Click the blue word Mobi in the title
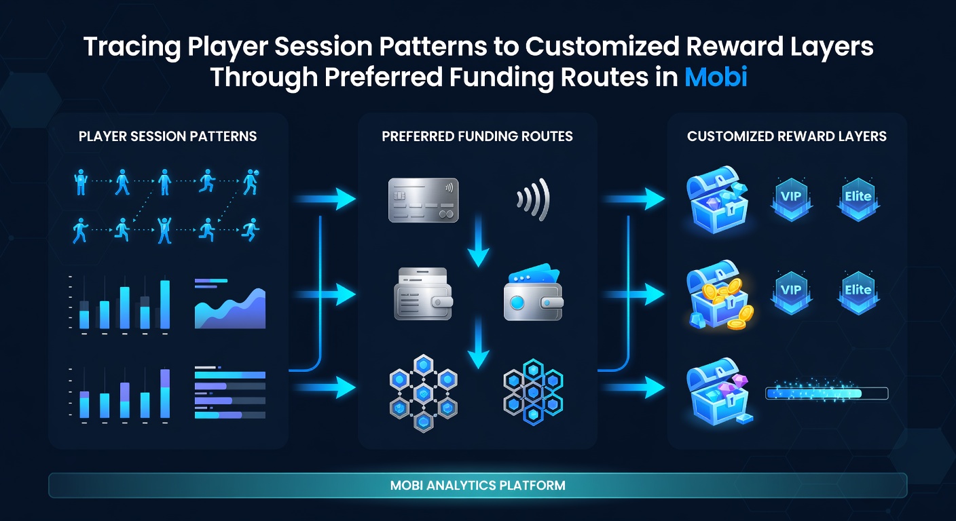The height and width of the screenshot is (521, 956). coord(716,77)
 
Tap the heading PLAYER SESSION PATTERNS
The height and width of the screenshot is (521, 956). coord(168,136)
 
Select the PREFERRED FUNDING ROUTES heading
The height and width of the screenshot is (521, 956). coord(477,136)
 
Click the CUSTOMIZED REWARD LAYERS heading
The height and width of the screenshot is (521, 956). coord(786,136)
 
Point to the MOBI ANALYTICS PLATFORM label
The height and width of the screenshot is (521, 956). coord(477,485)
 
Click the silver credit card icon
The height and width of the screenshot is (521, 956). coord(424,200)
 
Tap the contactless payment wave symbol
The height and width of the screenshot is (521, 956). coord(533,199)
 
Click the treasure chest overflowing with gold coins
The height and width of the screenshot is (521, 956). coord(719,295)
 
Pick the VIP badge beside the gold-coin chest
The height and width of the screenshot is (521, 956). coord(791,292)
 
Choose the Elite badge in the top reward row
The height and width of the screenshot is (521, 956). coord(858,199)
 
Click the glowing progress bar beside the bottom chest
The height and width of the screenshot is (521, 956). coord(827,393)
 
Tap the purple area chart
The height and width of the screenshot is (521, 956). coord(230,308)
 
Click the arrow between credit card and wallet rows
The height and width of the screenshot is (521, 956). coord(478,241)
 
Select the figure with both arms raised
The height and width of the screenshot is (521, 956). coord(164,230)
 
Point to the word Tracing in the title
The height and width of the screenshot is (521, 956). coord(132,47)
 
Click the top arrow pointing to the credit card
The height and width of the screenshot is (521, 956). coord(325,199)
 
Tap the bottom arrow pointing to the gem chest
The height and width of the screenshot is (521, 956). coord(635,387)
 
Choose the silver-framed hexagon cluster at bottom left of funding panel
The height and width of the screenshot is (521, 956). coord(424,393)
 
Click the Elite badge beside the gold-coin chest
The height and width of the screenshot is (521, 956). coord(858,292)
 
